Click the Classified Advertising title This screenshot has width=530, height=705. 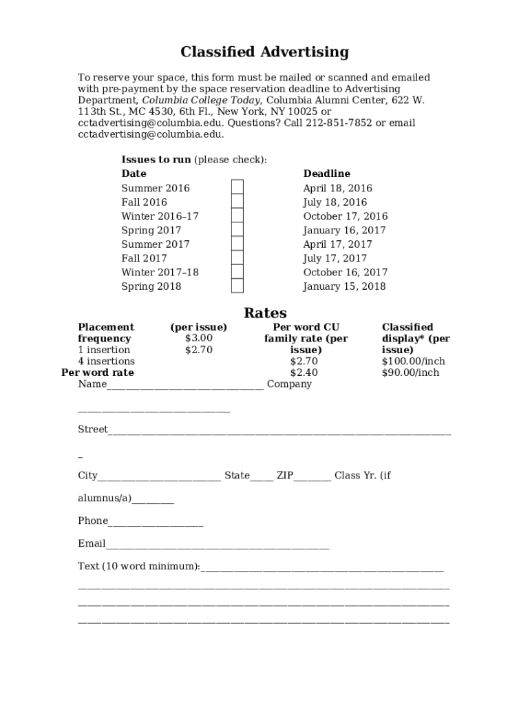click(264, 52)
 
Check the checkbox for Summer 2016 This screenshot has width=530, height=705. click(237, 188)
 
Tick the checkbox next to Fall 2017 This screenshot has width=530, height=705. click(237, 258)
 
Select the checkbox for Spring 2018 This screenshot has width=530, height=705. click(237, 286)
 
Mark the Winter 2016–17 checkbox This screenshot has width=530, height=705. click(237, 216)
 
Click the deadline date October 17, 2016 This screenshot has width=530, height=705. click(345, 216)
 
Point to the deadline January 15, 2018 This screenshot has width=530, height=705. click(344, 286)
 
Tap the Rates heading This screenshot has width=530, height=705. click(265, 313)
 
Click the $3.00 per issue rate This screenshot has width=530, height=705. click(199, 338)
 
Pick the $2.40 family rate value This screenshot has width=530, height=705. click(304, 372)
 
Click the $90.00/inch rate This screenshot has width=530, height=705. click(410, 372)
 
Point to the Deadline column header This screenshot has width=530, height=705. click(326, 173)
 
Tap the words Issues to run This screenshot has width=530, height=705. click(156, 160)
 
